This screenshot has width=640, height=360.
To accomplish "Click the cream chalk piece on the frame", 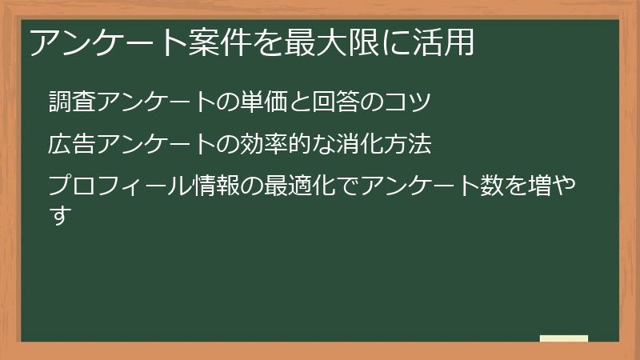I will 563,338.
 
